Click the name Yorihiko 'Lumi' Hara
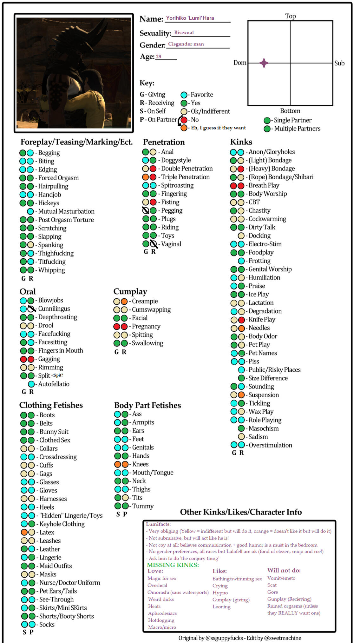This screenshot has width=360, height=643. pyautogui.click(x=190, y=18)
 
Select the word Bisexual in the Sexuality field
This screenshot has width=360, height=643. pyautogui.click(x=184, y=32)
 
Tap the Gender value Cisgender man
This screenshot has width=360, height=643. pyautogui.click(x=186, y=44)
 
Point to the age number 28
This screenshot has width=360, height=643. pyautogui.click(x=159, y=56)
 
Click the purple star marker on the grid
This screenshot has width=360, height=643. pyautogui.click(x=264, y=63)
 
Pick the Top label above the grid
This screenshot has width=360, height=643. pyautogui.click(x=290, y=16)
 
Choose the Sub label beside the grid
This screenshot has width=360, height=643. pyautogui.click(x=339, y=63)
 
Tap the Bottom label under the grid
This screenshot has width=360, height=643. pyautogui.click(x=290, y=111)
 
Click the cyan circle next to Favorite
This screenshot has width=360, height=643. pyautogui.click(x=184, y=95)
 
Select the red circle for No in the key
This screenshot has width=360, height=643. pyautogui.click(x=184, y=120)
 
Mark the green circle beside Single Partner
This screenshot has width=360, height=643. pyautogui.click(x=267, y=120)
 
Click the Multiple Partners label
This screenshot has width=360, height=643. pyautogui.click(x=297, y=129)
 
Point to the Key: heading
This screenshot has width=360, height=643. pyautogui.click(x=147, y=83)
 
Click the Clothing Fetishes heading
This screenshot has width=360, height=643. pyautogui.click(x=51, y=405)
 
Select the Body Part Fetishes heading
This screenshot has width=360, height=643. pyautogui.click(x=147, y=405)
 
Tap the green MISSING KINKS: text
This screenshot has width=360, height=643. pyautogui.click(x=173, y=565)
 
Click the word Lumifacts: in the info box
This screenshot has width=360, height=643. pyautogui.click(x=158, y=524)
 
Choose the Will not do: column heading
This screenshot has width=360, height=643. pyautogui.click(x=284, y=570)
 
